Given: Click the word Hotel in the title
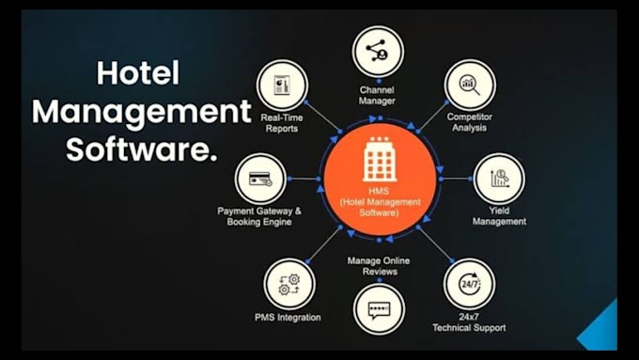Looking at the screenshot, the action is click(138, 73).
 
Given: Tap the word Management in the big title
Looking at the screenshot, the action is click(141, 112).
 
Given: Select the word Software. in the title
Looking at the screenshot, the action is click(141, 149).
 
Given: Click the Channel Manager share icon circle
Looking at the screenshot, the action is click(378, 52).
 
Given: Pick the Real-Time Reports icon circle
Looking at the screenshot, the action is click(282, 86).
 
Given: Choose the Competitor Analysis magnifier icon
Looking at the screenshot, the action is click(470, 85).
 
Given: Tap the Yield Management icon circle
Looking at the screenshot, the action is click(499, 179).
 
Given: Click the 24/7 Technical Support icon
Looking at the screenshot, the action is click(470, 284).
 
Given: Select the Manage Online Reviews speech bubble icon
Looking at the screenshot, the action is click(379, 310).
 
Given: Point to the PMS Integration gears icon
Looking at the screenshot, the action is click(289, 284).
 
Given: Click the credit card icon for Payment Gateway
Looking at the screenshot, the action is click(260, 179).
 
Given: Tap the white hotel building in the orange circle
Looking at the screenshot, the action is click(380, 159).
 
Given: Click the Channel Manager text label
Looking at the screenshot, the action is click(377, 95).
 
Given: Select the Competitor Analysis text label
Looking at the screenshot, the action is click(470, 122).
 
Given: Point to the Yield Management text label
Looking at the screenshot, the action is click(499, 216).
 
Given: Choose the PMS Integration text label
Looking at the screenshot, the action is click(288, 317).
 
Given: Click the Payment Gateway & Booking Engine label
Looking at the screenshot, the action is click(259, 216).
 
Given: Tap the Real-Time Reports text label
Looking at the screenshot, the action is click(282, 123).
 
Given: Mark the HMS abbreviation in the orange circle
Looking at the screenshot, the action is click(379, 191).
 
